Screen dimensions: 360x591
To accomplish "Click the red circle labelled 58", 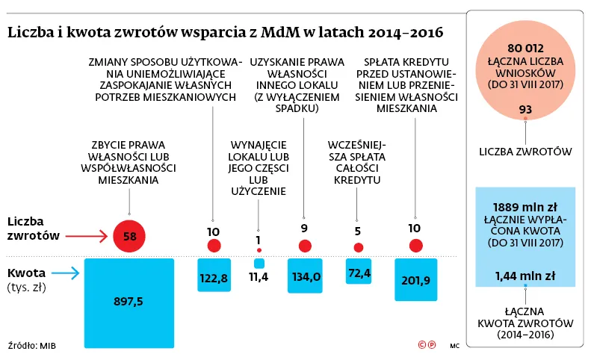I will pyautogui.click(x=129, y=238).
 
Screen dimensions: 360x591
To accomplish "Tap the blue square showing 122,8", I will pyautogui.click(x=214, y=276).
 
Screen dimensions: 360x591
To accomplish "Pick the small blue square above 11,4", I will pyautogui.click(x=259, y=264).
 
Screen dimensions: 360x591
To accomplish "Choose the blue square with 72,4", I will pyautogui.click(x=359, y=271).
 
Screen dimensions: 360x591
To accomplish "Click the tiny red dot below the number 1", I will pyautogui.click(x=259, y=249).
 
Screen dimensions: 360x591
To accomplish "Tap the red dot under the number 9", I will pyautogui.click(x=305, y=246).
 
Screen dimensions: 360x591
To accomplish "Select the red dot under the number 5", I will pyautogui.click(x=359, y=247).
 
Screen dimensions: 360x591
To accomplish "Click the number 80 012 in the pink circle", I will pyautogui.click(x=525, y=49).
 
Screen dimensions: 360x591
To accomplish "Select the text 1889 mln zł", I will pyautogui.click(x=525, y=207).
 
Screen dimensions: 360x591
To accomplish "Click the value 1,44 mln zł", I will pyautogui.click(x=525, y=276).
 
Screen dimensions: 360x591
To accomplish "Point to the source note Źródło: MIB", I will pyautogui.click(x=32, y=345).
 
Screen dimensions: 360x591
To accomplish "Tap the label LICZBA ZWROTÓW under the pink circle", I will pyautogui.click(x=525, y=152).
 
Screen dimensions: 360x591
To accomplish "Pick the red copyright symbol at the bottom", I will pyautogui.click(x=423, y=344).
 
